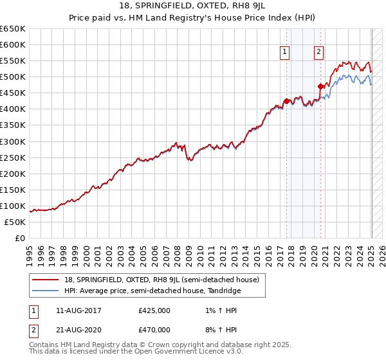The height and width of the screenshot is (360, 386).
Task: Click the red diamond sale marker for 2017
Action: [286, 101]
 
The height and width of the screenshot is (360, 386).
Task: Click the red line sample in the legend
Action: [46, 280]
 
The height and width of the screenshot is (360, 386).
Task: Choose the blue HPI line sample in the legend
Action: [46, 291]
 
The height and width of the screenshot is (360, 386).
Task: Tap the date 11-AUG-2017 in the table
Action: [79, 310]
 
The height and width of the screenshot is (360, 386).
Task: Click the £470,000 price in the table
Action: [154, 330]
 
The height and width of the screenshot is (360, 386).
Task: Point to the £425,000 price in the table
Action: [154, 310]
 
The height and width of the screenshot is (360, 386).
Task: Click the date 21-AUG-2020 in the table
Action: [79, 330]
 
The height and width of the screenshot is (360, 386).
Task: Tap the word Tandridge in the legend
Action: [223, 291]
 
